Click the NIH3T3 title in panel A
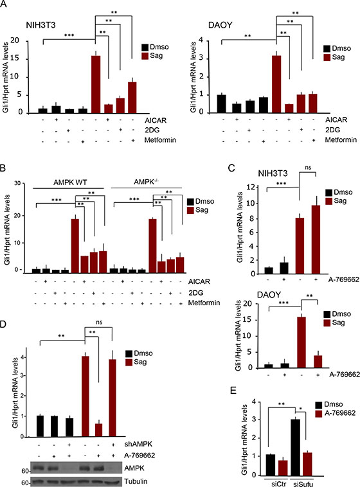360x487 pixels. pyautogui.click(x=40, y=25)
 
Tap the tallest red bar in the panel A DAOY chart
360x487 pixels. pyautogui.click(x=276, y=84)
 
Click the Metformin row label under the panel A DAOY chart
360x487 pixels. pyautogui.click(x=341, y=140)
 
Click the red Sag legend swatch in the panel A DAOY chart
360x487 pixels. pyautogui.click(x=327, y=57)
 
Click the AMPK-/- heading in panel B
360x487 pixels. pyautogui.click(x=146, y=181)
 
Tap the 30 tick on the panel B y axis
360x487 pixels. pyautogui.click(x=17, y=183)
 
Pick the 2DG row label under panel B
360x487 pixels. pyautogui.click(x=195, y=292)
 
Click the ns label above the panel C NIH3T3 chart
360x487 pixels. pyautogui.click(x=308, y=168)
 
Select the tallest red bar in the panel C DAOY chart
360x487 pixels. pyautogui.click(x=301, y=342)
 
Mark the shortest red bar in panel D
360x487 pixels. pyautogui.click(x=98, y=430)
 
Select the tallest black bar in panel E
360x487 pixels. pyautogui.click(x=295, y=447)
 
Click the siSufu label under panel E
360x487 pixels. pyautogui.click(x=303, y=484)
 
